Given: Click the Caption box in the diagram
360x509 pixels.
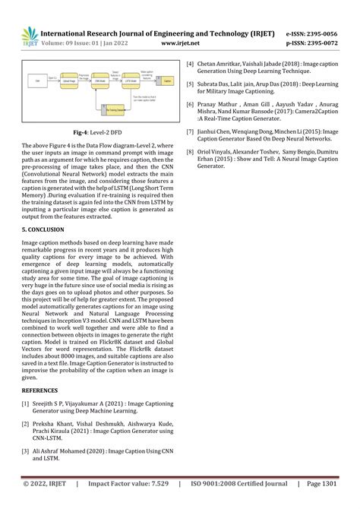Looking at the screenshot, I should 167,79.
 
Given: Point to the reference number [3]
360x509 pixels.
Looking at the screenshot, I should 26,451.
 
